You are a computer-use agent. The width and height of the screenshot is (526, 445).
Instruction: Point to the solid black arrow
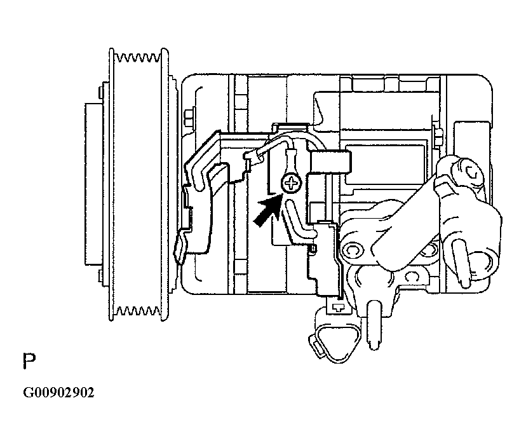point(267,212)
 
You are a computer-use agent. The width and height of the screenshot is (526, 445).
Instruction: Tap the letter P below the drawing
point(29,361)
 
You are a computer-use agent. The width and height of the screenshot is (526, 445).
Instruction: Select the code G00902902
point(58,392)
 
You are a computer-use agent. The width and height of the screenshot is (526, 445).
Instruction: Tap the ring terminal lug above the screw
point(291,160)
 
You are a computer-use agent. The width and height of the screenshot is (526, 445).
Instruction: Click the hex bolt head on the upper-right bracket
point(473,172)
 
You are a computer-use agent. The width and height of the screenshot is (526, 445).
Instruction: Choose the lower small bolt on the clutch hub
point(100,276)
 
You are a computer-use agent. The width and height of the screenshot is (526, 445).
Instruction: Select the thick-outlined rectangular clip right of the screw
point(330,161)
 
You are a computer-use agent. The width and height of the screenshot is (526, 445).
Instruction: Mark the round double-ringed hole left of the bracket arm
point(351,250)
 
